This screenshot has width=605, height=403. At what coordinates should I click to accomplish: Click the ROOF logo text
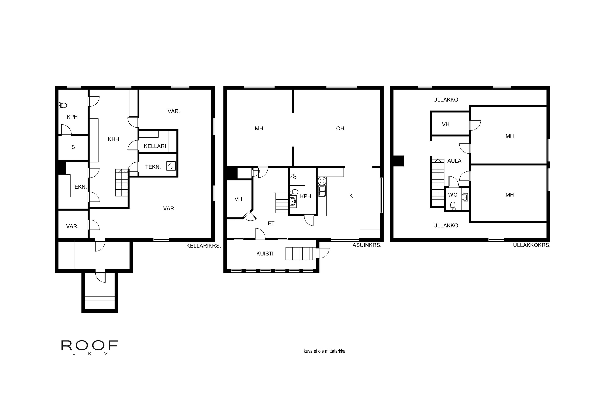(x=90, y=346)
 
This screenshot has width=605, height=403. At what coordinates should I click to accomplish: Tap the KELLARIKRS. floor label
(x=203, y=246)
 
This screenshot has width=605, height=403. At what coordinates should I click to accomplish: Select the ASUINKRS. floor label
(x=367, y=245)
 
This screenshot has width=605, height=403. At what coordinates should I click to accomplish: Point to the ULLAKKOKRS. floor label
(x=531, y=245)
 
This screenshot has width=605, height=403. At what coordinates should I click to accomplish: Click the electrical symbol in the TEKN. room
(x=171, y=166)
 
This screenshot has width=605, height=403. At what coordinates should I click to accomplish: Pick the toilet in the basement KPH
(x=63, y=105)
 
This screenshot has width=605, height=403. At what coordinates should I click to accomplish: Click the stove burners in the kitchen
(x=322, y=181)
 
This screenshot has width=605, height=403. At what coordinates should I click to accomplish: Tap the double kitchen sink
(x=322, y=191)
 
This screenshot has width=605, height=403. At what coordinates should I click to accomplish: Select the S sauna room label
(x=73, y=147)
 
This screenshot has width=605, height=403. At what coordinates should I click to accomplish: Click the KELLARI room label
(x=155, y=146)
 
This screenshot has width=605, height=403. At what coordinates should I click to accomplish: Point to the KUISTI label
(x=265, y=254)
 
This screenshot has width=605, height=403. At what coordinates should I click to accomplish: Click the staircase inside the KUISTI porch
(x=300, y=253)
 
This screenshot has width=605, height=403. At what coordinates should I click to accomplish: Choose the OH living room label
(x=340, y=129)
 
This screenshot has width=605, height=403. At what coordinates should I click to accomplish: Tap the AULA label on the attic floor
(x=454, y=161)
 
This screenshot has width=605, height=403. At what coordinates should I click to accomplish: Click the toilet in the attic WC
(x=453, y=206)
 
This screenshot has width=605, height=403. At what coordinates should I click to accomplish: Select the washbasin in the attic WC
(x=465, y=197)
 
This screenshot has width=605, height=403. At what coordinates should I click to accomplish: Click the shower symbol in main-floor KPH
(x=293, y=176)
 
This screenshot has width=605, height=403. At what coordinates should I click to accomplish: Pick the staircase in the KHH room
(x=122, y=183)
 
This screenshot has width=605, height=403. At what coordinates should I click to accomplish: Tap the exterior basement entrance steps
(x=100, y=300)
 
